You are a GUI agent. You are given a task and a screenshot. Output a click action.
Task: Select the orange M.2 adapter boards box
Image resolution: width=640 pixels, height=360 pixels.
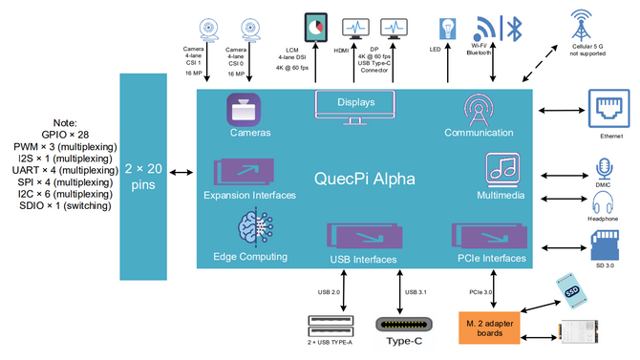[490, 328]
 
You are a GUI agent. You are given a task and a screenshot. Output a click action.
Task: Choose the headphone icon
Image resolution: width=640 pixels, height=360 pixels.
[603, 202]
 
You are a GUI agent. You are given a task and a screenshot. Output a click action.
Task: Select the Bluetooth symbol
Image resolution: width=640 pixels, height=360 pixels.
[512, 28]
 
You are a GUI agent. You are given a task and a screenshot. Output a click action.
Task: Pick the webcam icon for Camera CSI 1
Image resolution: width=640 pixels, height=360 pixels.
[209, 30]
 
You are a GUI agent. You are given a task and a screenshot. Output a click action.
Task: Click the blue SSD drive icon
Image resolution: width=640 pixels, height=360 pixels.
[571, 293]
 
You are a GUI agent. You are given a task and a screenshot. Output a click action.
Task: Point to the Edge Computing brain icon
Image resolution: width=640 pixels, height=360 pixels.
[251, 230]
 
